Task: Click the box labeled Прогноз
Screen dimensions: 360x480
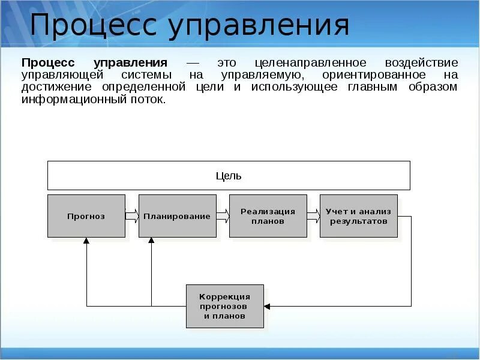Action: [86, 216]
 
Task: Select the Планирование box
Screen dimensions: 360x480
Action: [178, 216]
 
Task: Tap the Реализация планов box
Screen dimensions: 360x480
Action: [268, 216]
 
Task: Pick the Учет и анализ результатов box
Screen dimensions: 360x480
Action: [358, 216]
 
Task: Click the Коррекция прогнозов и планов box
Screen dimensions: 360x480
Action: [224, 306]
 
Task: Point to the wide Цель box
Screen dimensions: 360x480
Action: [229, 176]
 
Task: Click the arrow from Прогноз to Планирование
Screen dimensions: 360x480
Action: [132, 215]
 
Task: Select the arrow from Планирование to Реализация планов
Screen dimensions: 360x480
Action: [223, 215]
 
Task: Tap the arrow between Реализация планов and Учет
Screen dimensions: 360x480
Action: [313, 215]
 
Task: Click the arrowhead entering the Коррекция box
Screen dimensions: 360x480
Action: [268, 306]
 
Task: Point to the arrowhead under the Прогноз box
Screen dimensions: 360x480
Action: [86, 241]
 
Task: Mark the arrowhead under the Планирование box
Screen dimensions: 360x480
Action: [151, 241]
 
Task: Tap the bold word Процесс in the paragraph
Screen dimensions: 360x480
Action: [50, 63]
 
